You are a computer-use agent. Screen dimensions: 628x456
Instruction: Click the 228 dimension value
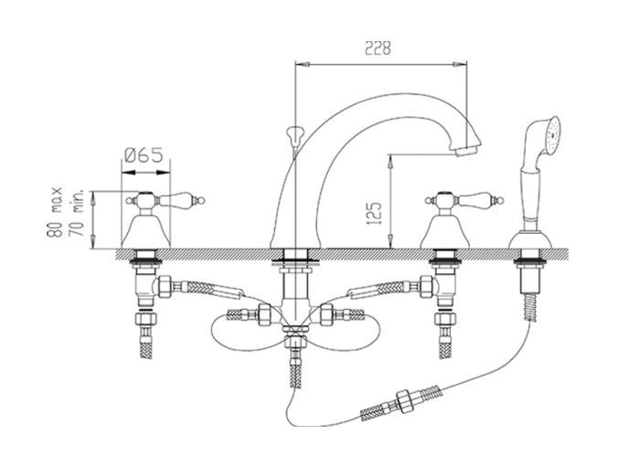[x=378, y=48]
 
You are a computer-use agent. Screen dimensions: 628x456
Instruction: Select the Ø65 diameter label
[x=144, y=155]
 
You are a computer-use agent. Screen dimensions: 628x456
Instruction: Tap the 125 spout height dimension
[x=374, y=213]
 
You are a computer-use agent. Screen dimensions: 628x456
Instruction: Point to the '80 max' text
[x=55, y=212]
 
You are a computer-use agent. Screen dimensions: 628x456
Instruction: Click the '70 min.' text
[x=77, y=213]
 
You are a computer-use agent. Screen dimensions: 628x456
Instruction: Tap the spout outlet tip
[x=466, y=151]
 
